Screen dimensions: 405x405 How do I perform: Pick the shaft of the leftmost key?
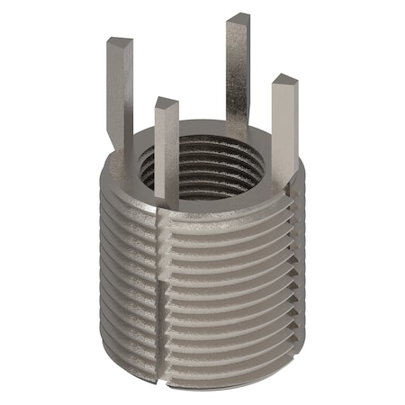(121, 90)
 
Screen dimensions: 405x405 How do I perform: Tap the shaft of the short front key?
(166, 148)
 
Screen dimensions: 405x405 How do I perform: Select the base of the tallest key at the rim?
(236, 133)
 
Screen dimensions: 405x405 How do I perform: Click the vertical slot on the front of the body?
(162, 270)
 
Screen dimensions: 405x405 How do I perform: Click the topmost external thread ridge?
(216, 216)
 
